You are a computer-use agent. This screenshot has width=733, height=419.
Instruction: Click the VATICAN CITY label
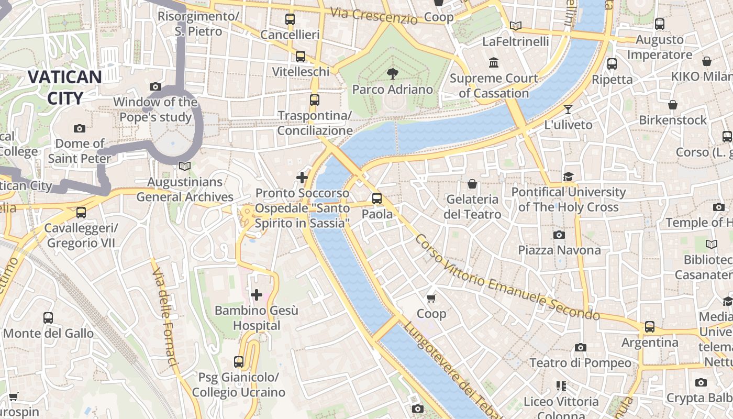point(64,87)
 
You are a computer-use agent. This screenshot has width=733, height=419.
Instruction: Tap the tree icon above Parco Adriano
point(392,73)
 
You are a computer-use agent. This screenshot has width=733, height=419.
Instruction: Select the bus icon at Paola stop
point(377,199)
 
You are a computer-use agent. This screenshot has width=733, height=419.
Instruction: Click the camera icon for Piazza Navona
point(559,235)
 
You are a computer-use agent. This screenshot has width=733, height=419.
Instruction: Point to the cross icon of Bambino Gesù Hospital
point(256,295)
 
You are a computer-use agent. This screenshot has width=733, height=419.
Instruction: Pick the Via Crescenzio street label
point(374,16)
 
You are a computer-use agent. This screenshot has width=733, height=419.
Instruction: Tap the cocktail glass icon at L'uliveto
point(568,109)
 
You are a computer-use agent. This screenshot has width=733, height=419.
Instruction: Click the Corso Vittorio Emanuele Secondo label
point(507,278)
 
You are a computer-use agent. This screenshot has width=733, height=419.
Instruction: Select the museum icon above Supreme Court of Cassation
point(493,63)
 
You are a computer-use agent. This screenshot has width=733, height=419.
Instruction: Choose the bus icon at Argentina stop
point(650,327)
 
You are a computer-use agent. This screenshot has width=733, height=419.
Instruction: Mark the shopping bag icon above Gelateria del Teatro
point(472,184)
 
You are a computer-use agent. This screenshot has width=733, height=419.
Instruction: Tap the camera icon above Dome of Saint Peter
point(80,128)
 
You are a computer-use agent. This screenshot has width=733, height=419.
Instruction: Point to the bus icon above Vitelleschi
point(301,57)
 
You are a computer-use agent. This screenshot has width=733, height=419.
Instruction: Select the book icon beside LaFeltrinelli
point(516,26)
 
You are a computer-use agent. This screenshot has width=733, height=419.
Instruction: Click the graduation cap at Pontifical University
point(569,177)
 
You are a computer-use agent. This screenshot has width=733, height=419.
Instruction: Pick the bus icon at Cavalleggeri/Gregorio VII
point(81,213)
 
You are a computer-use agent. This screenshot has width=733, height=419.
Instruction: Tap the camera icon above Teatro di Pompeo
point(580,348)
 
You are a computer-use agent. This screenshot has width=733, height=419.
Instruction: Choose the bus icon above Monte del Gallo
point(48,318)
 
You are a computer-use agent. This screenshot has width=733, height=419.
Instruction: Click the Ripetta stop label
point(612,80)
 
